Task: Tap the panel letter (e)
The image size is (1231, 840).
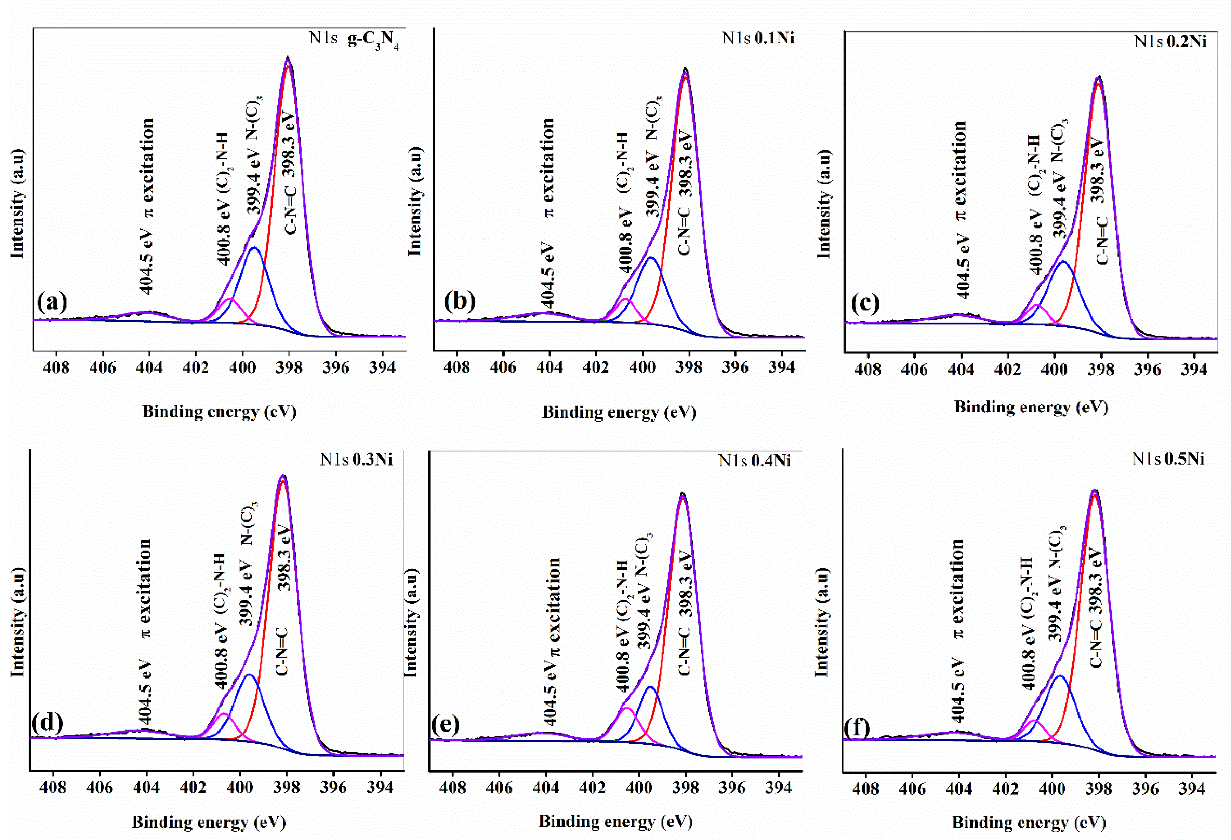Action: (x=446, y=724)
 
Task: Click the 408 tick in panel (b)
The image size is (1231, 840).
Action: (x=456, y=367)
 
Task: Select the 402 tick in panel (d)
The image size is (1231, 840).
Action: (x=193, y=788)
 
